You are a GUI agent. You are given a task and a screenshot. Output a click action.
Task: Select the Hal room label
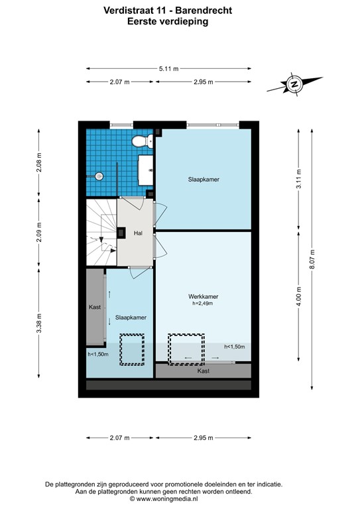138,233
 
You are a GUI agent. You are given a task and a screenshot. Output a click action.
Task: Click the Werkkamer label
204,296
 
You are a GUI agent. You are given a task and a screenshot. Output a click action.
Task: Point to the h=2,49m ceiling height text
204,304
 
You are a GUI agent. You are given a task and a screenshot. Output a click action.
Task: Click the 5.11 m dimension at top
168,68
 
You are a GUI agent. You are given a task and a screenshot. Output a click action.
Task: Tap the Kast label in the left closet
95,307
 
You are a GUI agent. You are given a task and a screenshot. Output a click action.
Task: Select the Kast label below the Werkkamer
204,371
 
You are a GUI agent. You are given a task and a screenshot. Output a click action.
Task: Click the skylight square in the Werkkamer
186,349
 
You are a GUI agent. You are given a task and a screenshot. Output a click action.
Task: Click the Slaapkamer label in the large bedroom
204,179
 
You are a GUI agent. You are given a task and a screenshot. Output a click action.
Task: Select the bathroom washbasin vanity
146,170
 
